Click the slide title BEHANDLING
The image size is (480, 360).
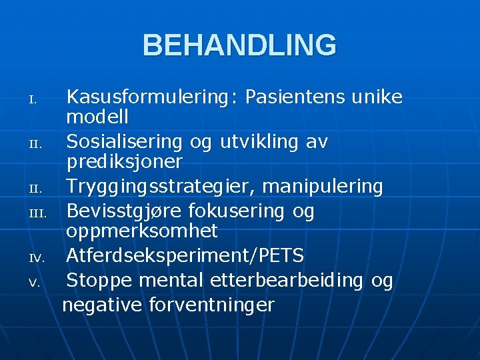[x=239, y=45]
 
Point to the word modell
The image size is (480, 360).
[x=97, y=118]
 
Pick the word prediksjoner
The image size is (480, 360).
[x=124, y=162]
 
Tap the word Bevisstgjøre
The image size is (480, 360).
[x=124, y=211]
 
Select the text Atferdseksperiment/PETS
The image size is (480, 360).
[x=185, y=255]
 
